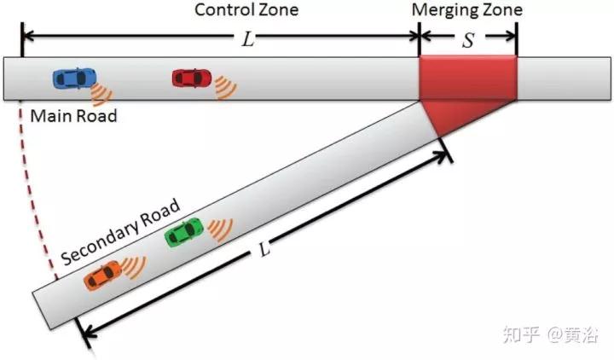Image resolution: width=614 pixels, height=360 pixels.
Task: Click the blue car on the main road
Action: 71,78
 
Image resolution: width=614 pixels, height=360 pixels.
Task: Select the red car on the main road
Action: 190,78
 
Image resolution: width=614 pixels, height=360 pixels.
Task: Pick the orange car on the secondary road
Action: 103,275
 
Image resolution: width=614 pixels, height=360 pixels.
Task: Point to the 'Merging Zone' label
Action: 466,10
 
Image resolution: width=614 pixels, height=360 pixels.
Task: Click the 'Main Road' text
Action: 73,115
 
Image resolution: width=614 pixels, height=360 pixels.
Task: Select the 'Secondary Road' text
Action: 120,232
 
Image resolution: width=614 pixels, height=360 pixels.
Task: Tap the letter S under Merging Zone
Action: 467,40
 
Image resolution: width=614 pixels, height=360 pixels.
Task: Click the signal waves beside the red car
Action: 224,86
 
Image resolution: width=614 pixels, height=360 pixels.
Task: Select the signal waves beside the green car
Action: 219,228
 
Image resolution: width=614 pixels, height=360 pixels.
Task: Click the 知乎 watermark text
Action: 521,335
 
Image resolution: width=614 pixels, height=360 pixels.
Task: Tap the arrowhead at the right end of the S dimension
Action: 513,37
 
